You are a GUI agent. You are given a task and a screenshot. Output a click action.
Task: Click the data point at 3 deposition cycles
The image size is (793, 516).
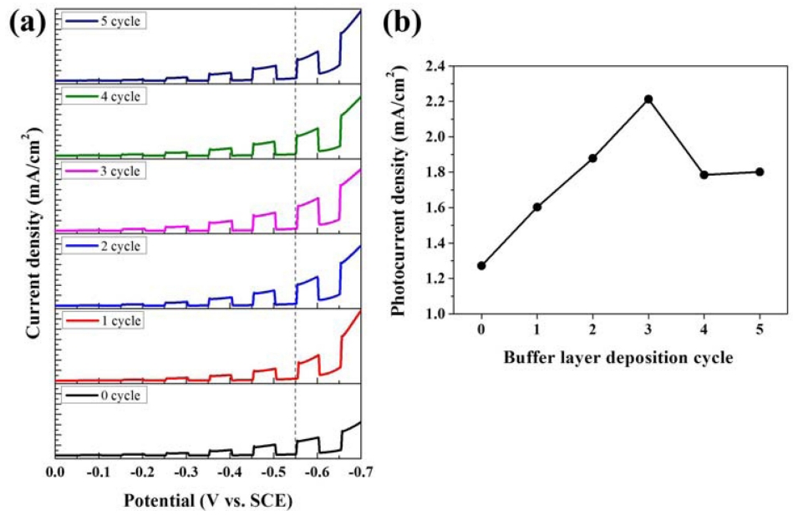pyautogui.click(x=648, y=100)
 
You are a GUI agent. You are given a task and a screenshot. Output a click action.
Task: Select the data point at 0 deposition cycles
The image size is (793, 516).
pyautogui.click(x=481, y=266)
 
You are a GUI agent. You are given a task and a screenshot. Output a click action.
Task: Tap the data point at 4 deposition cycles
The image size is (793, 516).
pyautogui.click(x=704, y=175)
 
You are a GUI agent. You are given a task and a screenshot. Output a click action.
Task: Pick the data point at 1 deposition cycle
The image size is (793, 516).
pyautogui.click(x=537, y=207)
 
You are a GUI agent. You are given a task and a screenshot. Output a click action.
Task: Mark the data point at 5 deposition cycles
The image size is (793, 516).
pyautogui.click(x=759, y=171)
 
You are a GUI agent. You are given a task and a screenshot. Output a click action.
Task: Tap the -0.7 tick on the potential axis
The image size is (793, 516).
pyautogui.click(x=360, y=473)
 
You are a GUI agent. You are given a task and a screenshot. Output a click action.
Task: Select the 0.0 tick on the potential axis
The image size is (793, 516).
pyautogui.click(x=55, y=473)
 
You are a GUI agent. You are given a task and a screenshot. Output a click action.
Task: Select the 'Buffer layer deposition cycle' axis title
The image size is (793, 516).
pyautogui.click(x=620, y=359)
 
